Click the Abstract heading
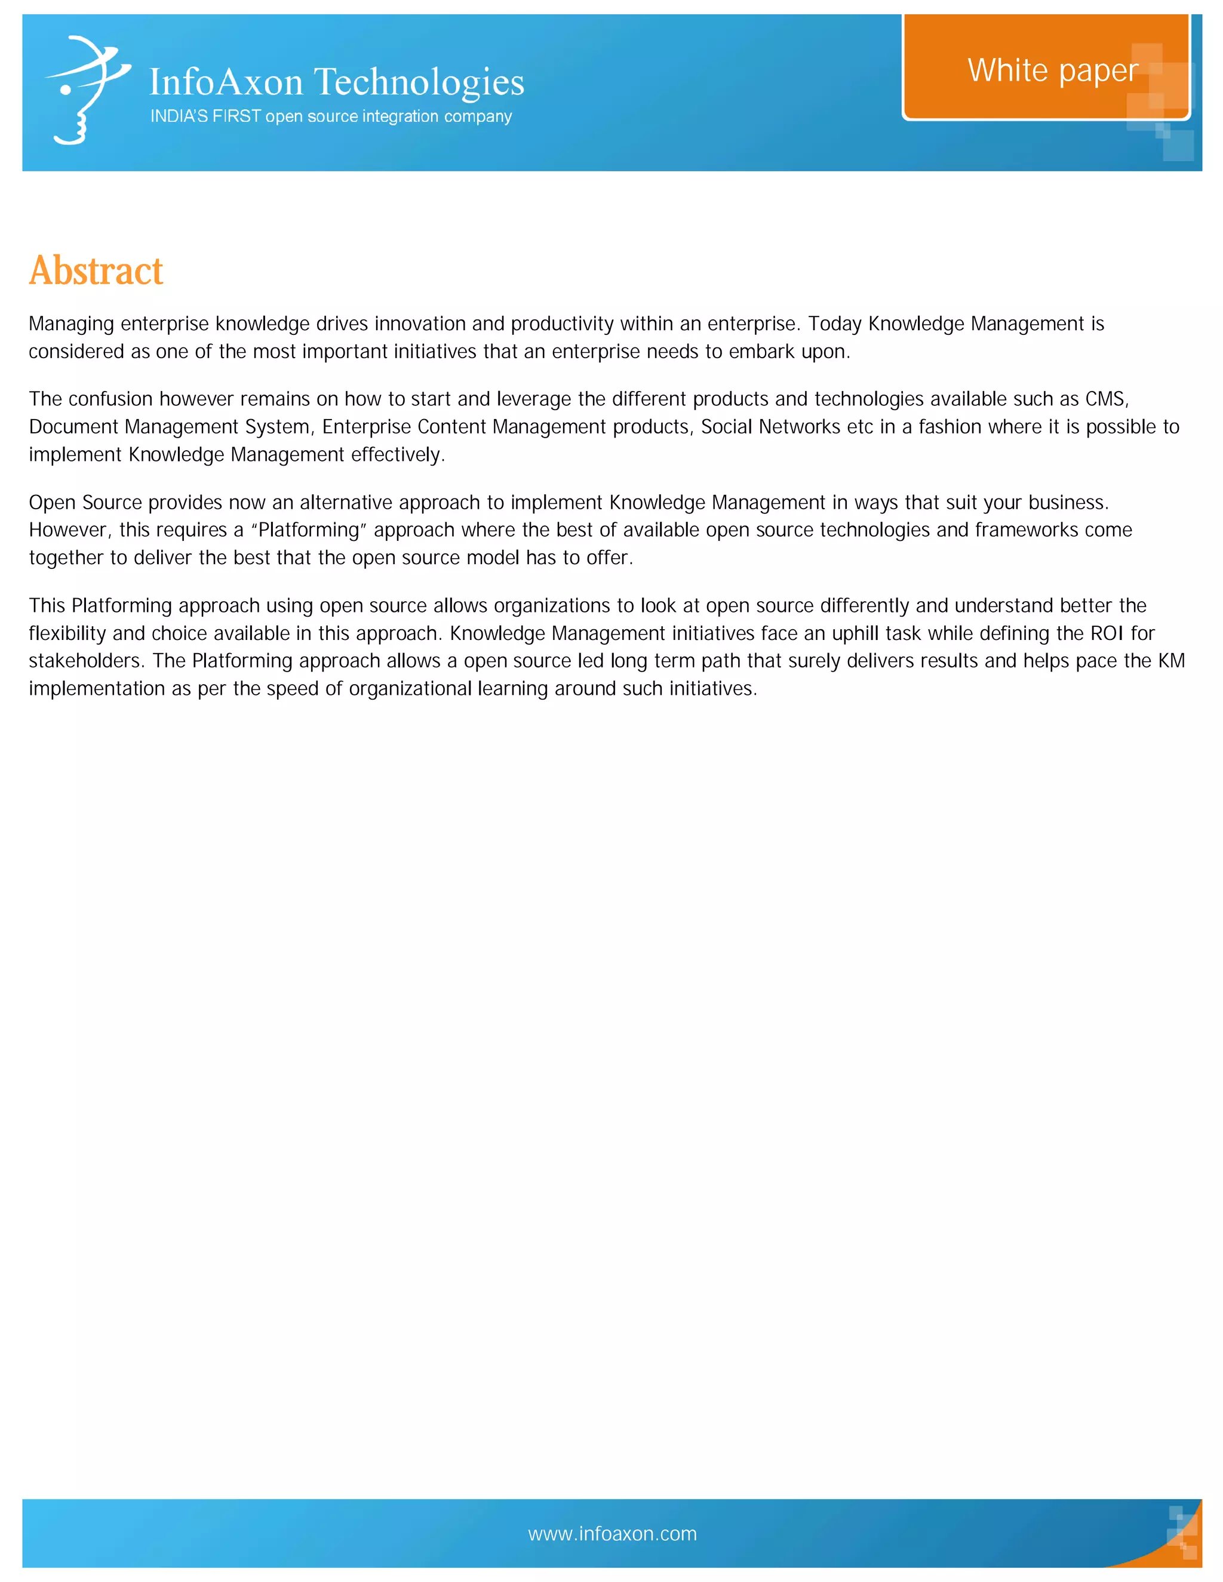coord(96,271)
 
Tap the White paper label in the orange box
coord(1052,71)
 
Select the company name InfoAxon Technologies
coord(336,82)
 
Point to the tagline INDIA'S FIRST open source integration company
coord(330,116)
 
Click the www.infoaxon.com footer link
coord(612,1534)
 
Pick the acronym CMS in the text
coord(1105,399)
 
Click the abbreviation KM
coord(1171,661)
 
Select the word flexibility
coord(67,634)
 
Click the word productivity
coord(561,324)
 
